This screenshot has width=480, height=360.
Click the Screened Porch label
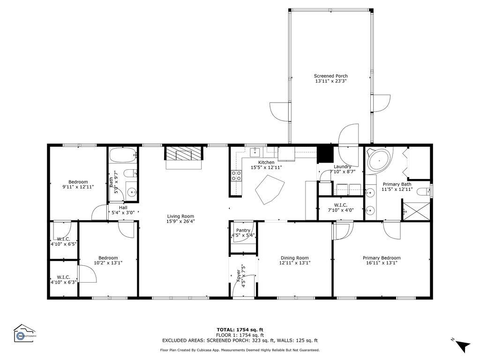(330, 76)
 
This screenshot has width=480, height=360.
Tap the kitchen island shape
(269, 189)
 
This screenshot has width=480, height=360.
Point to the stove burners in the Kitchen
(236, 175)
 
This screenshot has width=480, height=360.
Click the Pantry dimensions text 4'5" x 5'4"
(243, 235)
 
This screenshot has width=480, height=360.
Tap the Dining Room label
(294, 257)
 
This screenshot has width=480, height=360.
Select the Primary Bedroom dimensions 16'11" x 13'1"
(382, 263)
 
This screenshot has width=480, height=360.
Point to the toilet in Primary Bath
(425, 191)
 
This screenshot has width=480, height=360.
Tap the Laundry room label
(342, 167)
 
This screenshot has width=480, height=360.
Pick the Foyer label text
(238, 277)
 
